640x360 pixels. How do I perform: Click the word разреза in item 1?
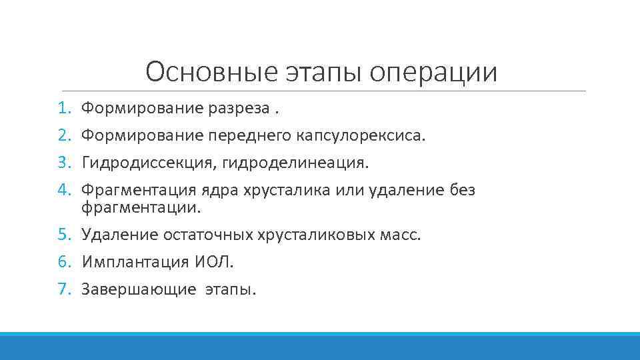[244, 107]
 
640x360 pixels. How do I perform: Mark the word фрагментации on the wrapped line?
[140, 208]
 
